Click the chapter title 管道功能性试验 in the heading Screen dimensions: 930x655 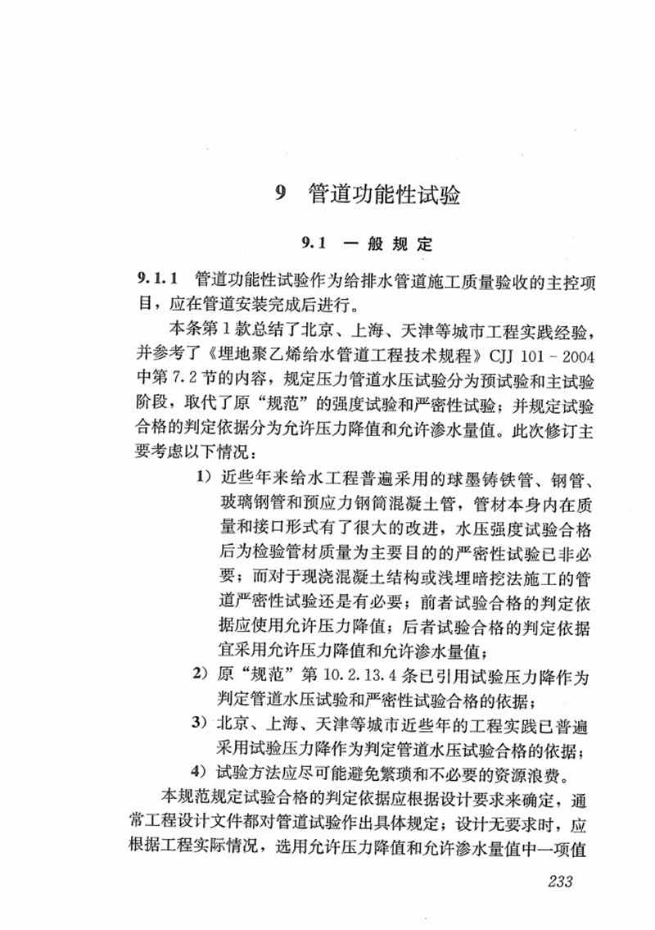click(384, 196)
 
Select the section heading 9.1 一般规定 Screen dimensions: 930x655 click(365, 243)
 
